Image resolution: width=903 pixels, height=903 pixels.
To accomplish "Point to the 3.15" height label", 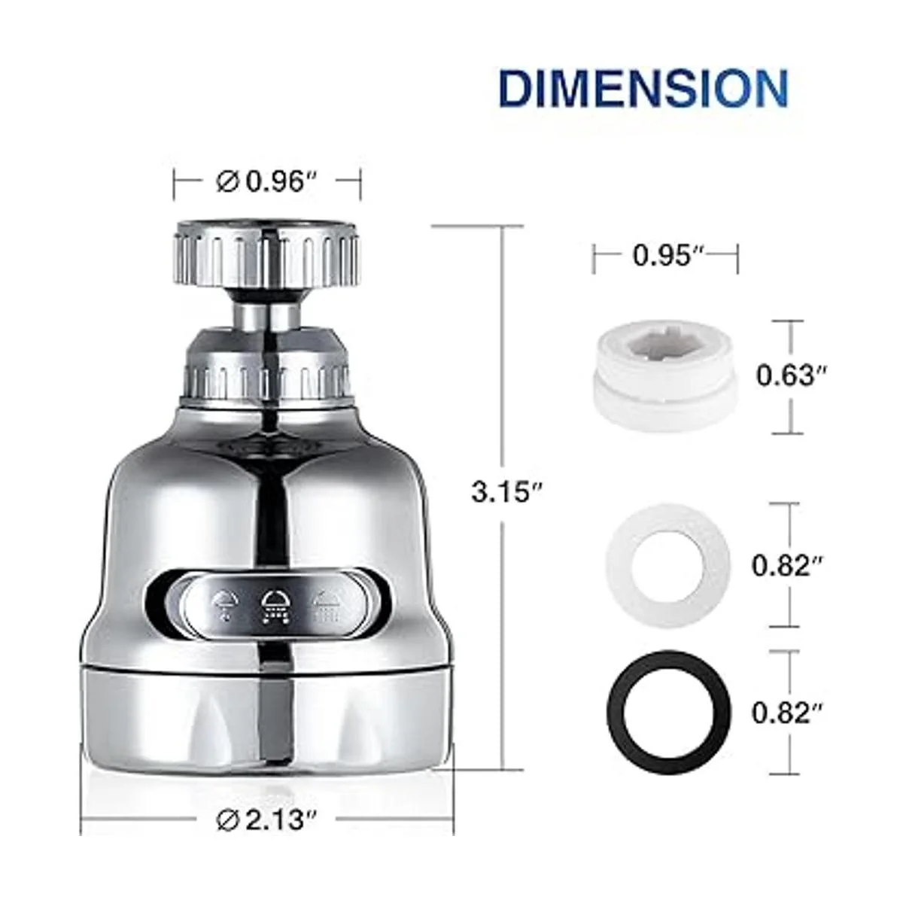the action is [x=507, y=492].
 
